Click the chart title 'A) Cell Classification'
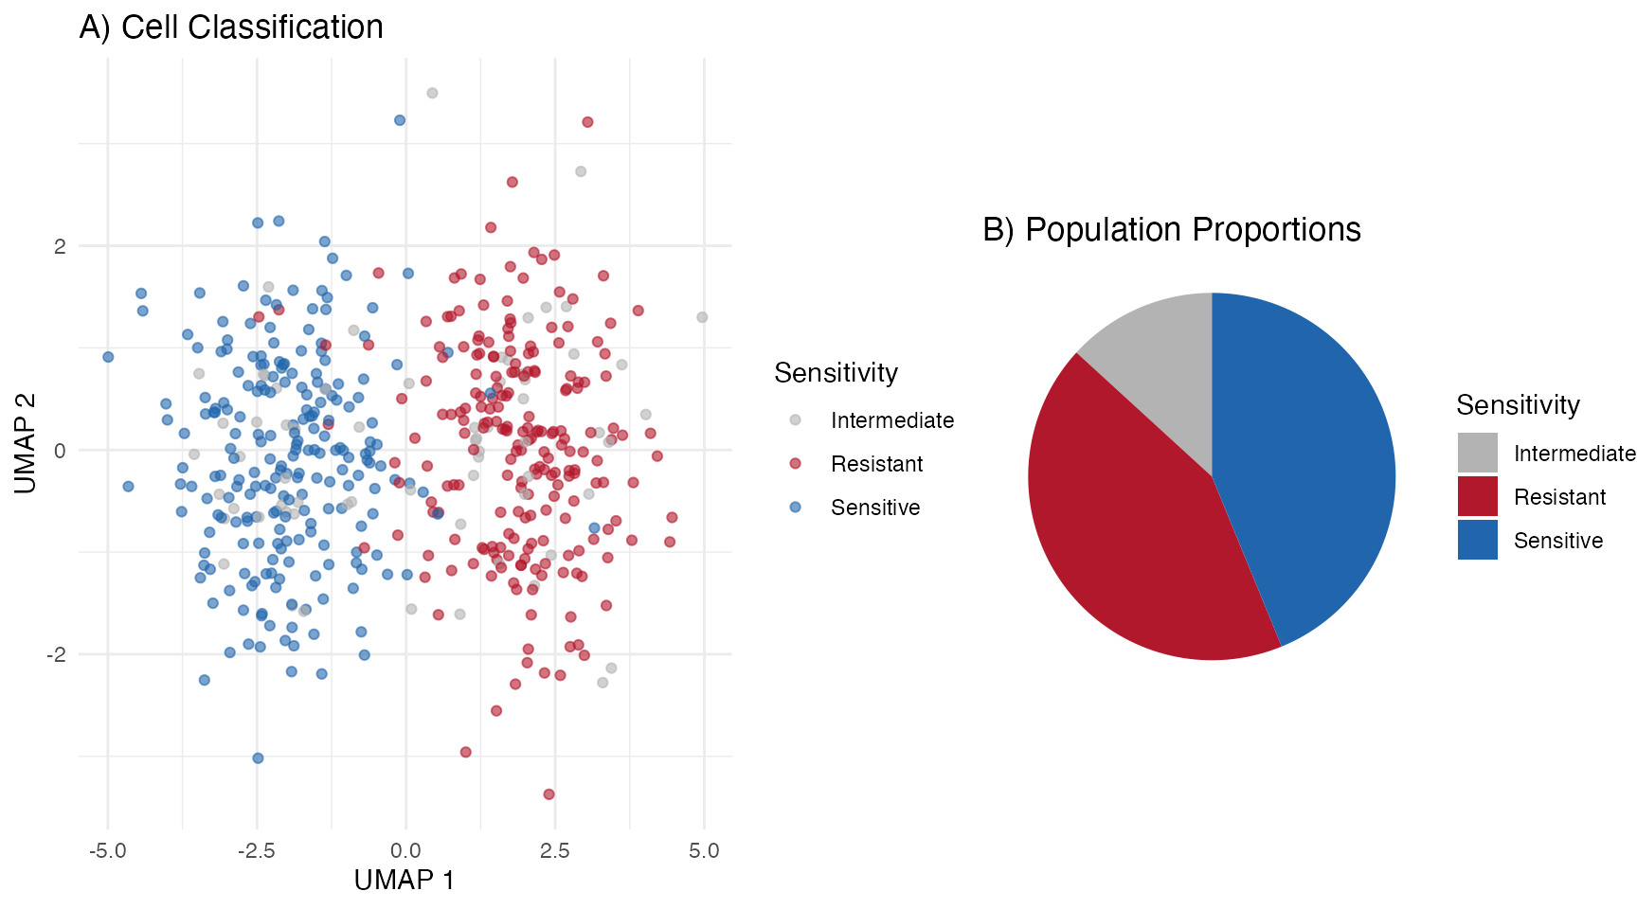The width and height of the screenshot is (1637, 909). coord(231,27)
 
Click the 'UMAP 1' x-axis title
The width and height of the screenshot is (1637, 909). coord(405,881)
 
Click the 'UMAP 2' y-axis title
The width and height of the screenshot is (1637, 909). coord(26,443)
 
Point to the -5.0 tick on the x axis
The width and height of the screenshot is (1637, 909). coord(107,850)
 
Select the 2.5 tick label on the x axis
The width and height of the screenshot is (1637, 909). coord(555,850)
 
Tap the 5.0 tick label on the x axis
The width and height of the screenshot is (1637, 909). coord(704,850)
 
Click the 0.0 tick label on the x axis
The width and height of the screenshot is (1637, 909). coord(405,850)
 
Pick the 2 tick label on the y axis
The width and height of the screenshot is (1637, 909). coord(61,246)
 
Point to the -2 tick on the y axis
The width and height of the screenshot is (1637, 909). coord(57,654)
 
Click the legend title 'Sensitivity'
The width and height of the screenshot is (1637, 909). coord(836,373)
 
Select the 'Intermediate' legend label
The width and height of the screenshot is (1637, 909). coord(891,420)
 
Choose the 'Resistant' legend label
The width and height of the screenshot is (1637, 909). coord(876,464)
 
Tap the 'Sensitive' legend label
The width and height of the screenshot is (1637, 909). coord(874,508)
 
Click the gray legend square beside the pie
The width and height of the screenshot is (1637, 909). coord(1477,453)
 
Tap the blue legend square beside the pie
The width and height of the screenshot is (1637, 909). coord(1477,540)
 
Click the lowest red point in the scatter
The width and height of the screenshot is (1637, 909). coord(549,793)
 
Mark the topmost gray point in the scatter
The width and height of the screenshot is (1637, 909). coord(432,93)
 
